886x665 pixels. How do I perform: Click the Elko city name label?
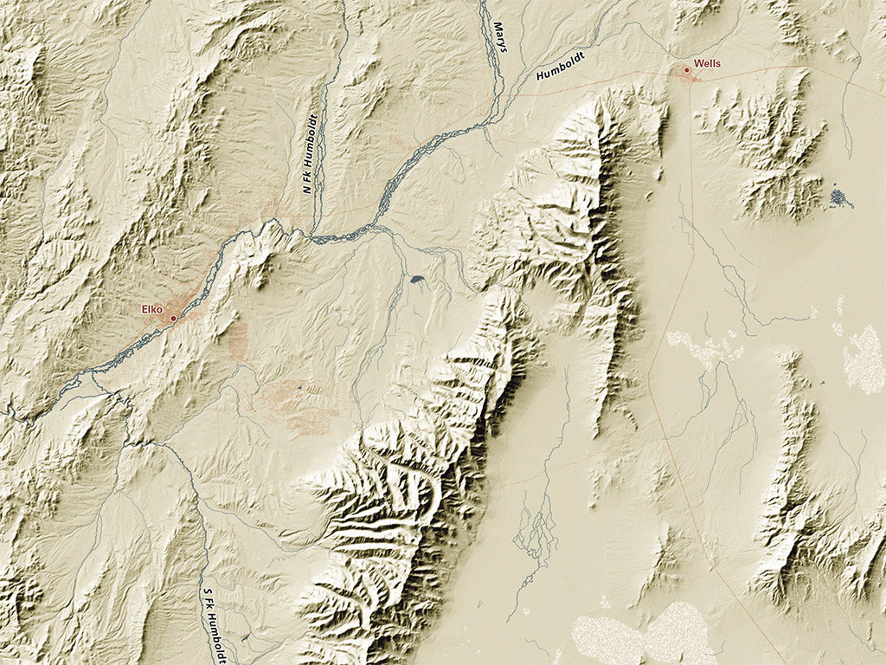click(153, 309)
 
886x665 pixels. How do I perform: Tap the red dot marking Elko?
click(173, 319)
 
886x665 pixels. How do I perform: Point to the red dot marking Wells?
click(687, 69)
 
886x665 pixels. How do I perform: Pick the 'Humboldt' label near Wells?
click(562, 66)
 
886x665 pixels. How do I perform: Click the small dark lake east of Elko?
click(418, 280)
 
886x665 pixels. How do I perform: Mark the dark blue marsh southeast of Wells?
click(839, 198)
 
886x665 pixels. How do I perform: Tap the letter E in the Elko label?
click(145, 309)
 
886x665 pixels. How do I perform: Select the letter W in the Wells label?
click(697, 64)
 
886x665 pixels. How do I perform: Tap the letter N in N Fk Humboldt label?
click(309, 190)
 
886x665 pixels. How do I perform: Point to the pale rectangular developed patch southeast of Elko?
click(238, 342)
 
